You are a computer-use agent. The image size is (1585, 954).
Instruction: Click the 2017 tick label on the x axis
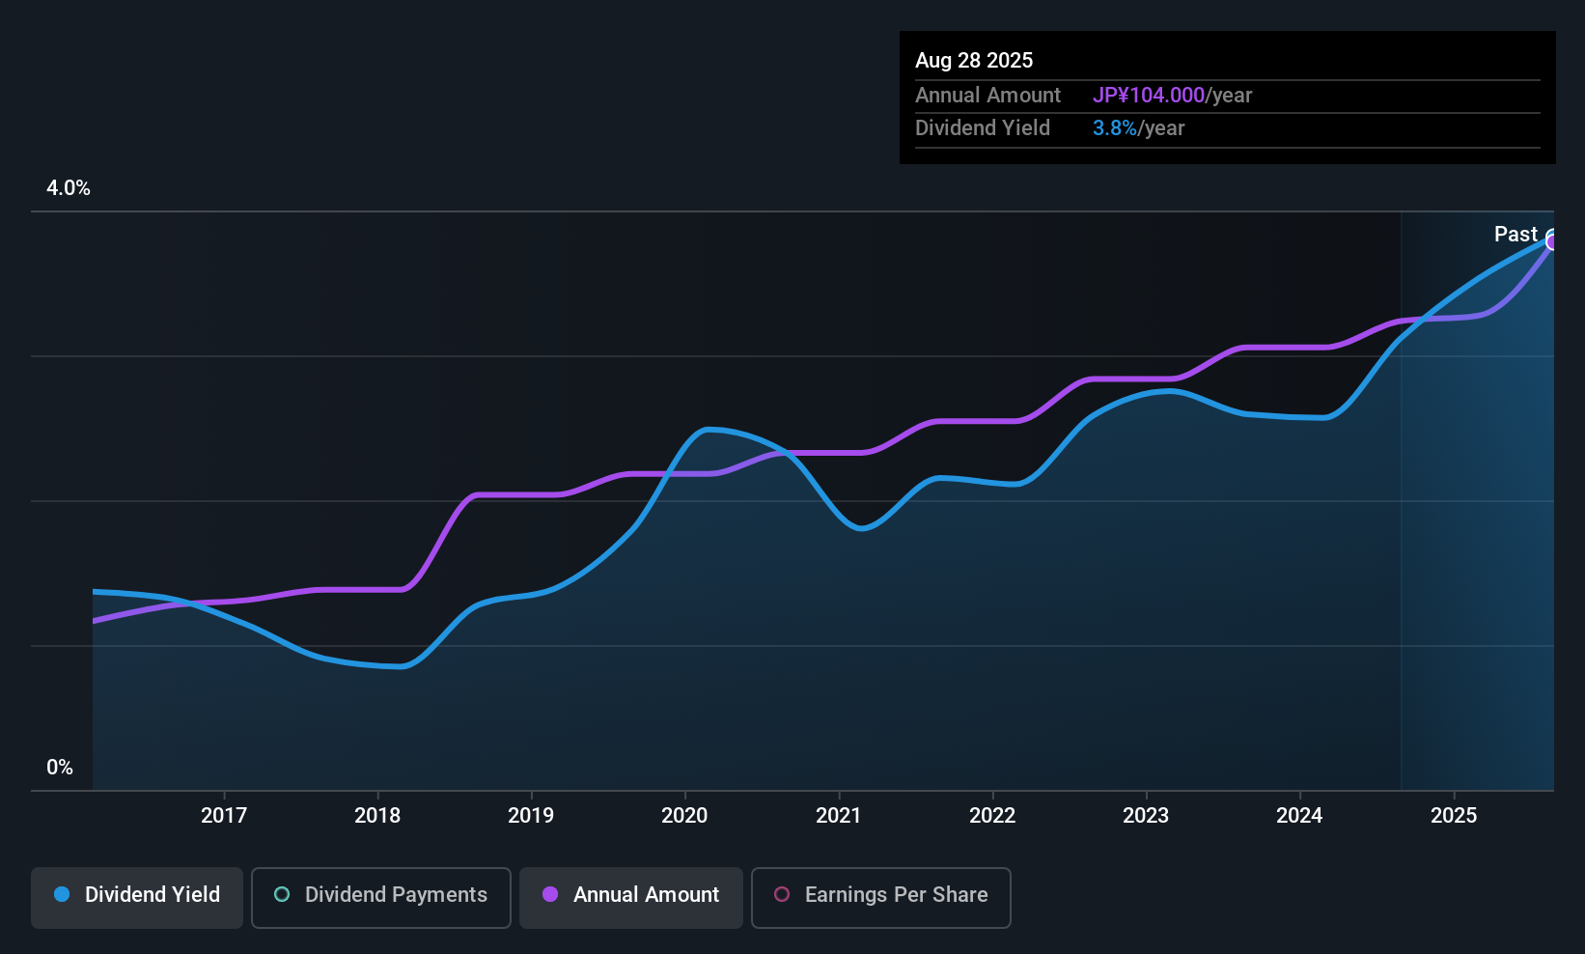pos(224,815)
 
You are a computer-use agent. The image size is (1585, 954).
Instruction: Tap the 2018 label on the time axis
pos(377,815)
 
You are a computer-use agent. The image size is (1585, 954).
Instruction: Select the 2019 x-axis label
pos(531,815)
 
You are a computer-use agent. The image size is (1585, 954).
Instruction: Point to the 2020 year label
pos(684,815)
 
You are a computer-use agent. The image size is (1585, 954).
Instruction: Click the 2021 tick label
pos(839,815)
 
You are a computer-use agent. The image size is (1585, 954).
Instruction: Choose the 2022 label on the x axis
pos(992,815)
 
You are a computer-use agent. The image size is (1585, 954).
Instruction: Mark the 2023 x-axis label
pos(1146,815)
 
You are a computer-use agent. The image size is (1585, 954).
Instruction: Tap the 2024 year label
pos(1299,815)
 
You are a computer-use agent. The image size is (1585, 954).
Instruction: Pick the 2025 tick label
pos(1454,815)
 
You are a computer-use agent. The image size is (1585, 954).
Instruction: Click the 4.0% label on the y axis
pos(68,188)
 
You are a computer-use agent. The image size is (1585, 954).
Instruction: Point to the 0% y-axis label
pos(60,768)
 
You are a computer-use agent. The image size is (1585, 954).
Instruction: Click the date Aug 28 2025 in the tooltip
pos(974,61)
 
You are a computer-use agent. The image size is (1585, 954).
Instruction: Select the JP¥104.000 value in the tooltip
pos(1149,95)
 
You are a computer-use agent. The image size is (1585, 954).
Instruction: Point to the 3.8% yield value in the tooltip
pos(1115,128)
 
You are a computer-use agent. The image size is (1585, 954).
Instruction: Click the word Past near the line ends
pos(1515,235)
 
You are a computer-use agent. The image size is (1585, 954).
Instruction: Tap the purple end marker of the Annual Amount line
pos(1552,242)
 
